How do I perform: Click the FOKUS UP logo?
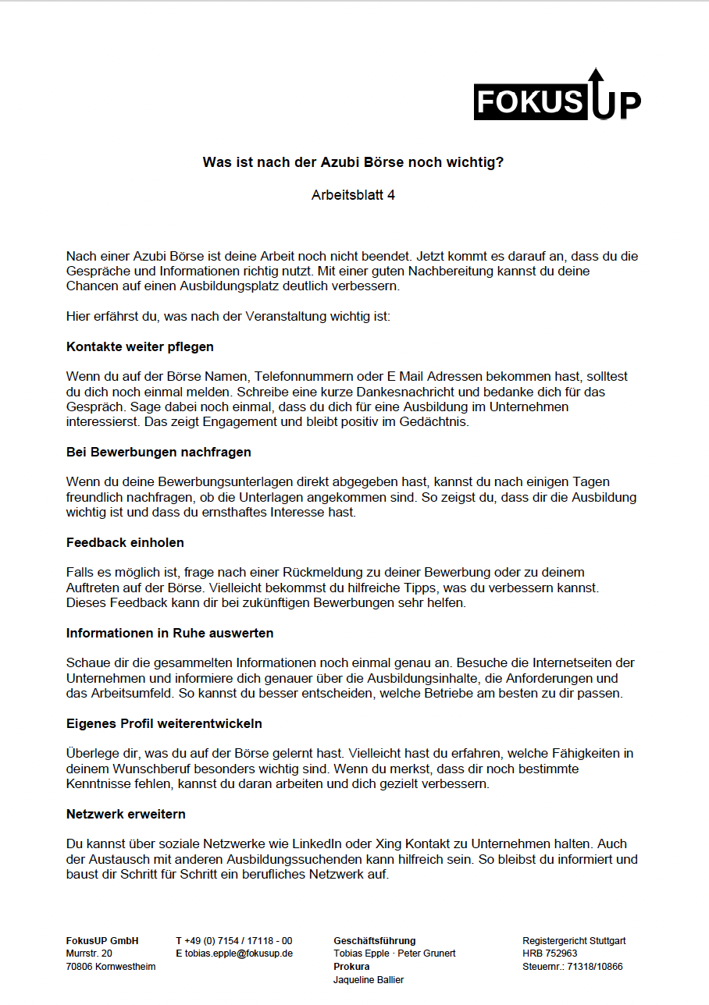557,98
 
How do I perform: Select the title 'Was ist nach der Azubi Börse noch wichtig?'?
353,163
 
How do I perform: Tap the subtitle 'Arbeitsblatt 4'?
353,195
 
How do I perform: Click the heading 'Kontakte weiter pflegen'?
140,346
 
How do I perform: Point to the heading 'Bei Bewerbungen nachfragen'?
159,452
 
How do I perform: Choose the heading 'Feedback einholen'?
125,542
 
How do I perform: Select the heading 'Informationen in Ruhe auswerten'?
169,633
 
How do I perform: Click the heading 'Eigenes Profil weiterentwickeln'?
164,723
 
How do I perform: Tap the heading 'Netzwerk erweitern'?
126,814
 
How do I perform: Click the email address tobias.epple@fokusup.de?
239,954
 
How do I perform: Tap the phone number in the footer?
239,941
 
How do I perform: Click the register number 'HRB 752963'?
550,954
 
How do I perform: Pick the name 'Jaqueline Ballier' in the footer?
368,980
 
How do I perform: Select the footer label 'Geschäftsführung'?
374,941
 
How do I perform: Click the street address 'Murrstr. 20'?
89,954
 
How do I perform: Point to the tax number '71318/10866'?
594,967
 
